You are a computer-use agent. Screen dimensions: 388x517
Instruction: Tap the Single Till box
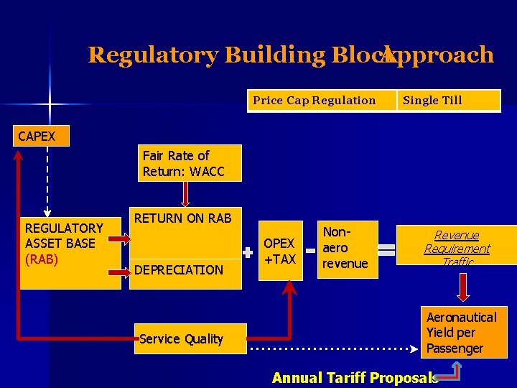point(449,101)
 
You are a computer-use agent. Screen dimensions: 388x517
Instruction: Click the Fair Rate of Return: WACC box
point(191,163)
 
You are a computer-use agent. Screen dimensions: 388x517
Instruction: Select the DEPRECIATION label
point(179,270)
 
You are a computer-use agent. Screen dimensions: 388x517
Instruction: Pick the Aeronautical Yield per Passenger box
point(463,333)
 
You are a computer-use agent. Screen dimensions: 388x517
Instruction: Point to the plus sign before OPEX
point(248,253)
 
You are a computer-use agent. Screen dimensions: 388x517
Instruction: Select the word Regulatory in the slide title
point(153,55)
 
